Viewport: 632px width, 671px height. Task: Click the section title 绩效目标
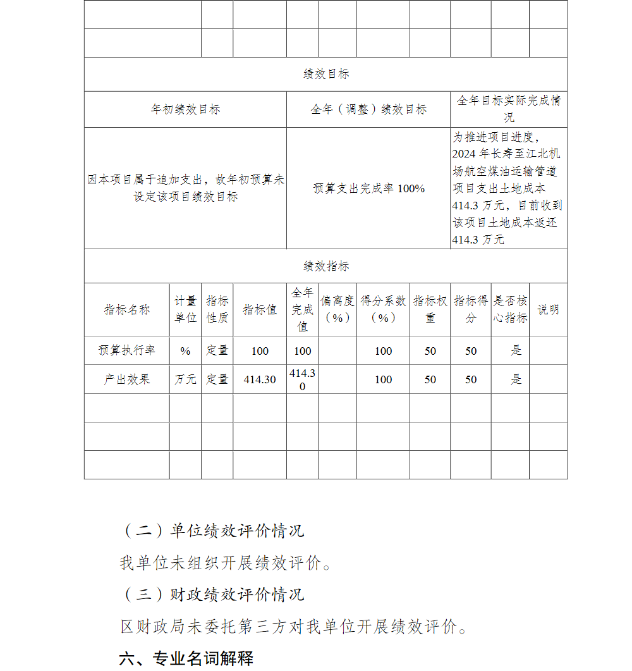point(325,75)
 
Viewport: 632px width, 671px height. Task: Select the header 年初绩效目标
point(185,109)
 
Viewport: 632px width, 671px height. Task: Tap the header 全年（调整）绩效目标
point(368,109)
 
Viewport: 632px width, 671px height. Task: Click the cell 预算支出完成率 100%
point(368,188)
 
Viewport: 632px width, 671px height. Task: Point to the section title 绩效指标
point(325,266)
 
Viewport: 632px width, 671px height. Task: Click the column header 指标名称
point(127,310)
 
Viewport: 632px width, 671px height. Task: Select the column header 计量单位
point(185,310)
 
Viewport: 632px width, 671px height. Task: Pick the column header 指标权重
point(430,310)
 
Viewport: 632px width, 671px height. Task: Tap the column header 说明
point(548,310)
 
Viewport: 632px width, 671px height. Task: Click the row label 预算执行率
point(127,350)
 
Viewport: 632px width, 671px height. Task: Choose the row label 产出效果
point(127,379)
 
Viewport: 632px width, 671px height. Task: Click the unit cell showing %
point(185,351)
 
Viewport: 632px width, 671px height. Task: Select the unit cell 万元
point(185,379)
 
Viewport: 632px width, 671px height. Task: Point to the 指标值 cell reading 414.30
point(260,379)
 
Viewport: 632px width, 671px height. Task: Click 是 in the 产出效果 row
point(516,379)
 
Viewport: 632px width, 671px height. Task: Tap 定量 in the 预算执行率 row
point(217,351)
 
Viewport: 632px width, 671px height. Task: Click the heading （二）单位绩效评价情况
point(212,531)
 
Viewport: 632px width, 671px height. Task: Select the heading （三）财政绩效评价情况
point(212,594)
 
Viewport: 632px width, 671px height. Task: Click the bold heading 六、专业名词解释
point(186,658)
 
